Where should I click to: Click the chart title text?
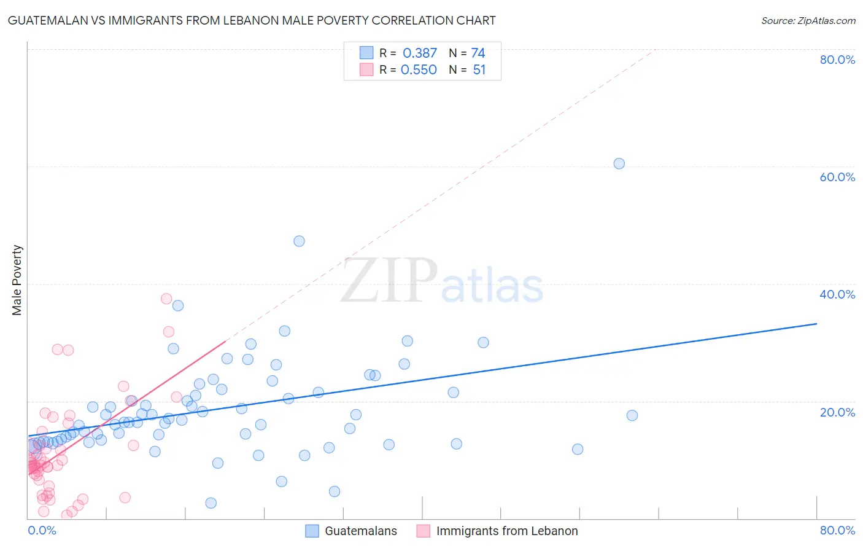252,20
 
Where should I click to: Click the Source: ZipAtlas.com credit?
808,20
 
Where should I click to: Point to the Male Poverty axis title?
17,280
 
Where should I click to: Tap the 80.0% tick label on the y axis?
837,60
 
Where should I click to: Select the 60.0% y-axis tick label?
837,177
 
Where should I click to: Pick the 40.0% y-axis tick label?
837,294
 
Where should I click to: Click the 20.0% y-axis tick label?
837,412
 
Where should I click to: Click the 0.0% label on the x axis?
42,530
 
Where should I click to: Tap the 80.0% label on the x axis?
837,530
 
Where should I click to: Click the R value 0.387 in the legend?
420,53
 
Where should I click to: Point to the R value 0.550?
419,70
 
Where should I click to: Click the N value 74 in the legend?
478,53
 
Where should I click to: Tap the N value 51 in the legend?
479,70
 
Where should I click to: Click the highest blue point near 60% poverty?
619,163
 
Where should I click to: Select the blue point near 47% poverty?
299,241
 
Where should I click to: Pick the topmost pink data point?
166,299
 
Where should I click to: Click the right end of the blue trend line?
816,323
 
